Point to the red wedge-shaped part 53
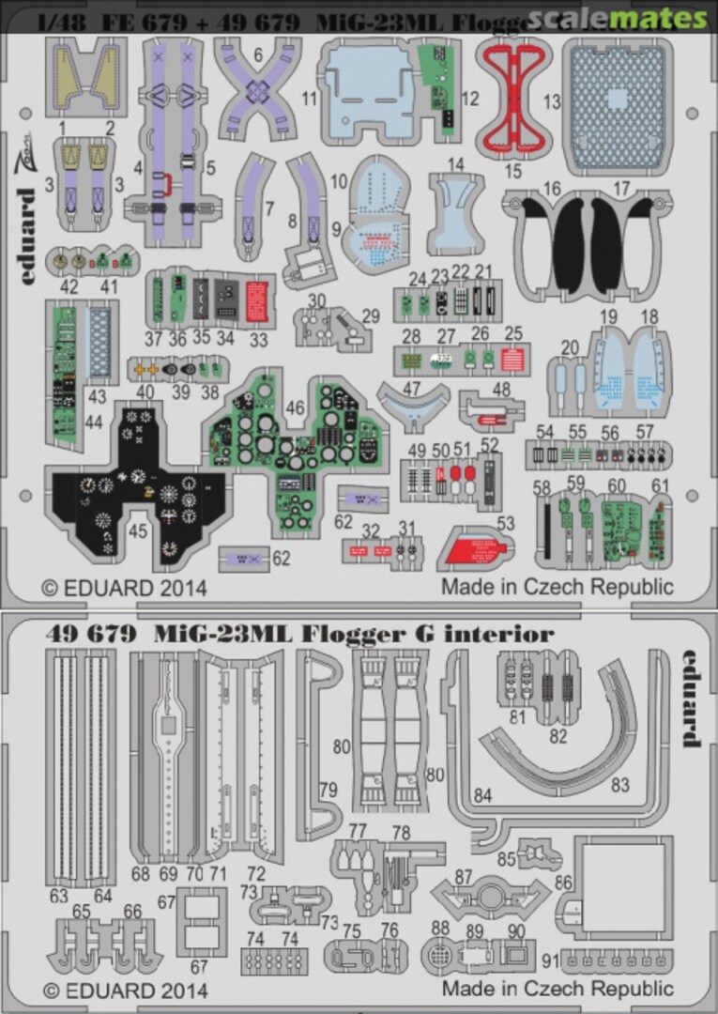tap(476, 545)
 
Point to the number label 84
tap(482, 797)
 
